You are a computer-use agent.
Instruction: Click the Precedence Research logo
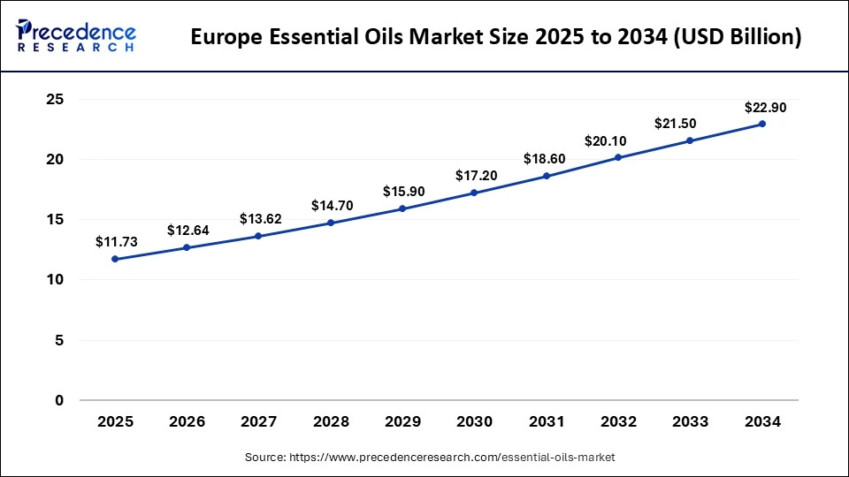click(76, 35)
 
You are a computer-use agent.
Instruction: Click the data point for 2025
click(115, 259)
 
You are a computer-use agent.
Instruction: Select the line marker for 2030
click(475, 193)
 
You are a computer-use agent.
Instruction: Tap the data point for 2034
click(762, 124)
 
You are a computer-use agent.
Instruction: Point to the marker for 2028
click(331, 223)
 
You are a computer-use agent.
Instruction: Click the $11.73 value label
click(115, 241)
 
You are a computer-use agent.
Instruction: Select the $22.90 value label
click(762, 107)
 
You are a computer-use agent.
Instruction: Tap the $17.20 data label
click(475, 176)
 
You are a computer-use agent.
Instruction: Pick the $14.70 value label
click(331, 206)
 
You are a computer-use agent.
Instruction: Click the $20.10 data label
click(618, 141)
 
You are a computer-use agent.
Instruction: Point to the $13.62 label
click(259, 218)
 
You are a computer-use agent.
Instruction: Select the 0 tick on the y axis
click(58, 400)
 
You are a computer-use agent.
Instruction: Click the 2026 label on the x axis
click(187, 422)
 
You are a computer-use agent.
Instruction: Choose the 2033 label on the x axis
click(690, 422)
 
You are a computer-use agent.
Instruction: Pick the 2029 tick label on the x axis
click(402, 422)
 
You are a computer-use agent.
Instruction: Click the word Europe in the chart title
click(226, 38)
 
